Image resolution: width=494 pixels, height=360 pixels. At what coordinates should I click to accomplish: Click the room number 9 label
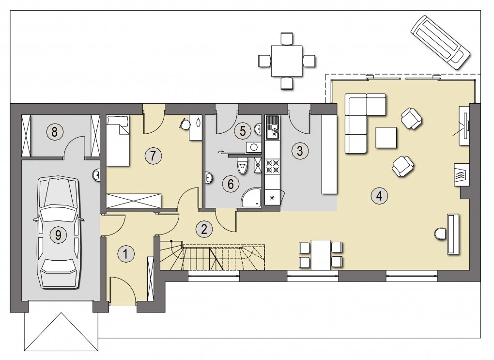pos(58,235)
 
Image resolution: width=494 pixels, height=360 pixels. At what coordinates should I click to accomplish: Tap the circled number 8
pos(55,131)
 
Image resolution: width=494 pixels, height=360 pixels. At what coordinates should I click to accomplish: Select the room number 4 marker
pos(379,196)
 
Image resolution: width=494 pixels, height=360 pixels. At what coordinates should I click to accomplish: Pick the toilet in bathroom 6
pos(242,165)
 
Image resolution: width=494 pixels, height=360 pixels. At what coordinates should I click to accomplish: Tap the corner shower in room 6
pos(251,198)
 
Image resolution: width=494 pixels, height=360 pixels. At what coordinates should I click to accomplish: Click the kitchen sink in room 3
pos(273,127)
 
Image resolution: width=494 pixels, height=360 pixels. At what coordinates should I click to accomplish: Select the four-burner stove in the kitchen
pos(273,166)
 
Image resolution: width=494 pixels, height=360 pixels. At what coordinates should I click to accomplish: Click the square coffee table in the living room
pos(386,138)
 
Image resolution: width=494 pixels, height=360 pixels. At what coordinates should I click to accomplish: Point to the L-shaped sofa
pos(362,123)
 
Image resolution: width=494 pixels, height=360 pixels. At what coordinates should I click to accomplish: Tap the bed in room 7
pos(118,141)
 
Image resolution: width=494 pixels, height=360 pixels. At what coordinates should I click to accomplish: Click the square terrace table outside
pos(287,61)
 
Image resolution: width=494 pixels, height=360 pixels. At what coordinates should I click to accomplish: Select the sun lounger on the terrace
pos(440,42)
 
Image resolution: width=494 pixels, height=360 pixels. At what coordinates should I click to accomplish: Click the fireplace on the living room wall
pos(461,175)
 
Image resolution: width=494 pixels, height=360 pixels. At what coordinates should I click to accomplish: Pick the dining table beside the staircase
pos(321,255)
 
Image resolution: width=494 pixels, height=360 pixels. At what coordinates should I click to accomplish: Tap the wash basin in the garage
pos(97,175)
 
